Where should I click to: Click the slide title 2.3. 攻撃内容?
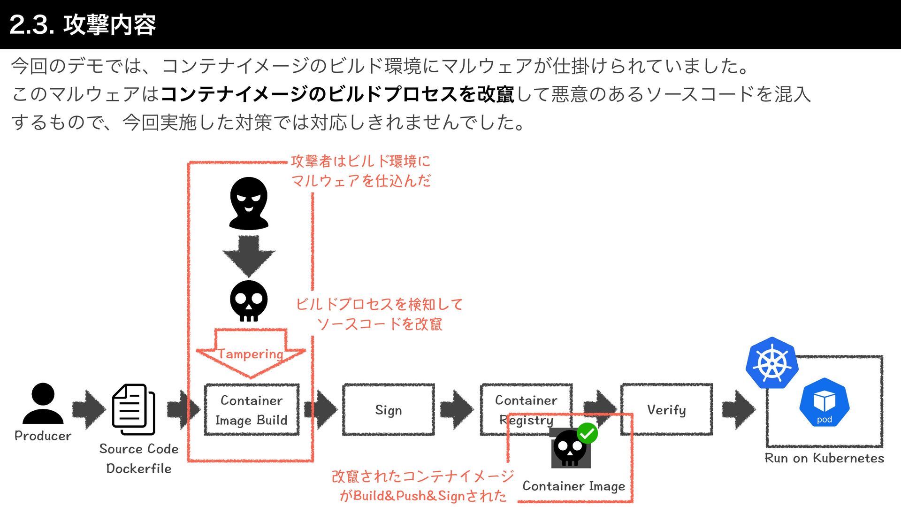(83, 24)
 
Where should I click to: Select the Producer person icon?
(43, 403)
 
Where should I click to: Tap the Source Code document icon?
(134, 409)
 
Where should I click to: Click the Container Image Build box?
(252, 410)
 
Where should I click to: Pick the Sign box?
(389, 410)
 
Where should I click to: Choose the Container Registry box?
(526, 410)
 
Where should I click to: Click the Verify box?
(666, 410)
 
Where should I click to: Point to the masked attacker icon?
(249, 203)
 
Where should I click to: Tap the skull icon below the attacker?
(249, 301)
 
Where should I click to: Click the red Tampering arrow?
(251, 353)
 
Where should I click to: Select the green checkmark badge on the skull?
(587, 433)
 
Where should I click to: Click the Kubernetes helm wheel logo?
(772, 363)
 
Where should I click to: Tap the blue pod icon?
(825, 403)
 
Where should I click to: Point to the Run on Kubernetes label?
(824, 458)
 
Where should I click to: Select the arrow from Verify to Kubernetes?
(739, 410)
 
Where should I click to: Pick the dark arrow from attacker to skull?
(249, 256)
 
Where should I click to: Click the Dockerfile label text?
(139, 469)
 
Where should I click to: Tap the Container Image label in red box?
(573, 486)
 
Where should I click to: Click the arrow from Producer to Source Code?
(89, 410)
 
